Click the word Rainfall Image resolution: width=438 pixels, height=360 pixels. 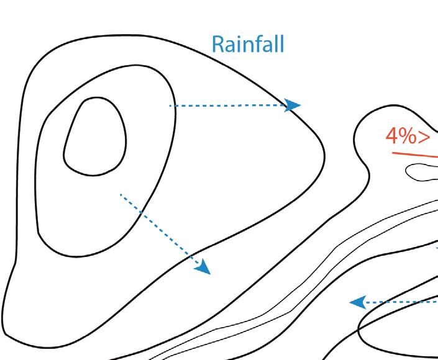coord(248,44)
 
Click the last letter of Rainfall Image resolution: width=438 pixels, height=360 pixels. coord(282,43)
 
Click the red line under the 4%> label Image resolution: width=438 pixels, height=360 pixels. coord(414,154)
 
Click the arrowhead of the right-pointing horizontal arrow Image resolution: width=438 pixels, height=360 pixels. coord(293,105)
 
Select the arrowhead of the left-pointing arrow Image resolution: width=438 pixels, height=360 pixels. coord(356,302)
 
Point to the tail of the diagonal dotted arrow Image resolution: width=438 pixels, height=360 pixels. coord(121,195)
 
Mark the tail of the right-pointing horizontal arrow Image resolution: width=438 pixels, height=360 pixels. coord(170,106)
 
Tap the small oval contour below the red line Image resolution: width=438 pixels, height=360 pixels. coord(422,171)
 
